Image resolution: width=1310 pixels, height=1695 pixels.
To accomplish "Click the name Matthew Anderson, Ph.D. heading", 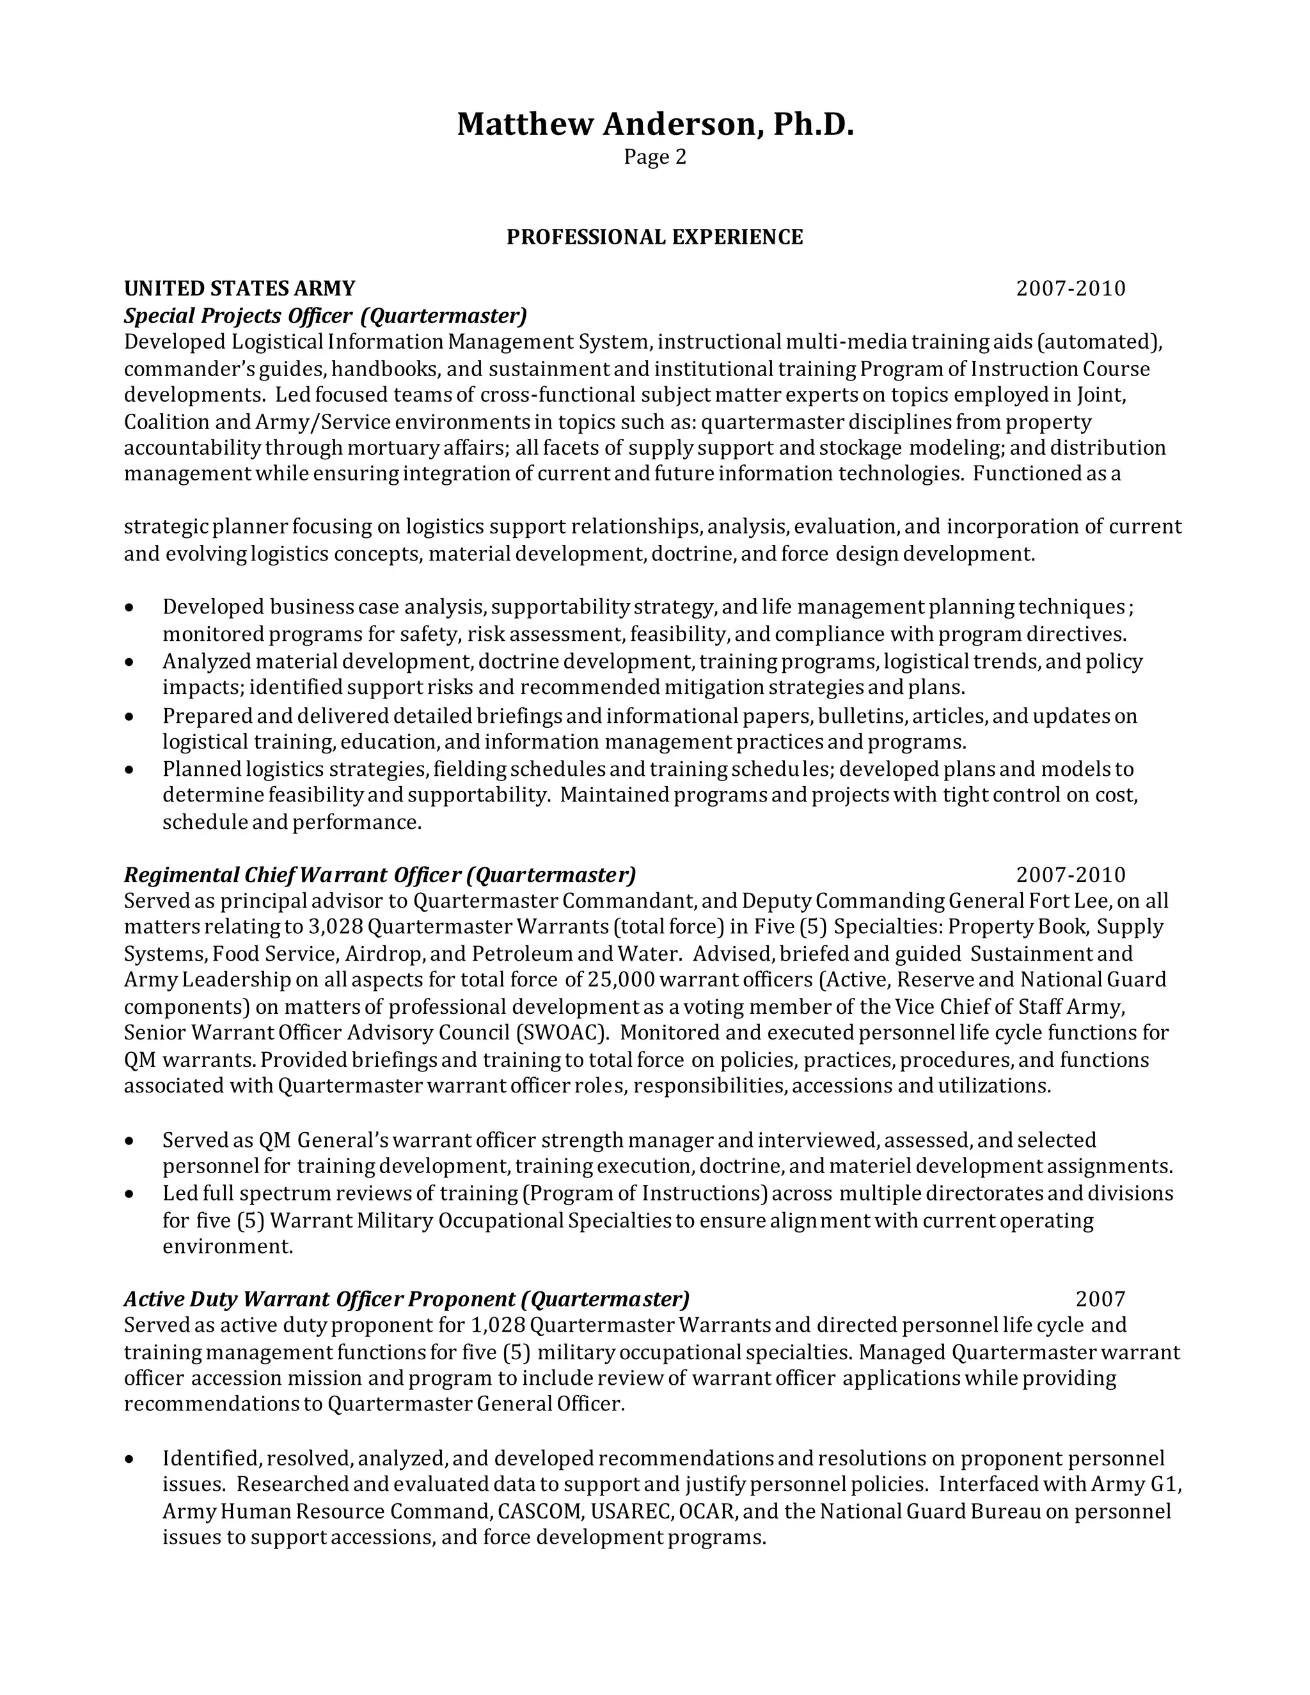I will point(654,124).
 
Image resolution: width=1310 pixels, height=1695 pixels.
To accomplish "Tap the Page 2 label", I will point(654,157).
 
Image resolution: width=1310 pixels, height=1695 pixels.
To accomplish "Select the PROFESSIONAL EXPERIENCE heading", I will point(654,237).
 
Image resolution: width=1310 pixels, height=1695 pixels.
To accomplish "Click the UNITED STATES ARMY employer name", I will point(239,288).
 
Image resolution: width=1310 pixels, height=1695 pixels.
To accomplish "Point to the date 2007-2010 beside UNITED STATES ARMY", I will point(1070,288).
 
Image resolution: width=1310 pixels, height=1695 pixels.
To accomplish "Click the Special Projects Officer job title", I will point(325,316).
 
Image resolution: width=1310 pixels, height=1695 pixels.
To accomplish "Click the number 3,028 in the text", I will point(335,927).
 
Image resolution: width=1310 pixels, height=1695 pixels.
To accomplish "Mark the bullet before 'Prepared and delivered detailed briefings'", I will point(130,716).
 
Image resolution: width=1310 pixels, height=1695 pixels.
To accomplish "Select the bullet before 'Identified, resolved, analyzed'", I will point(130,1459).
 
